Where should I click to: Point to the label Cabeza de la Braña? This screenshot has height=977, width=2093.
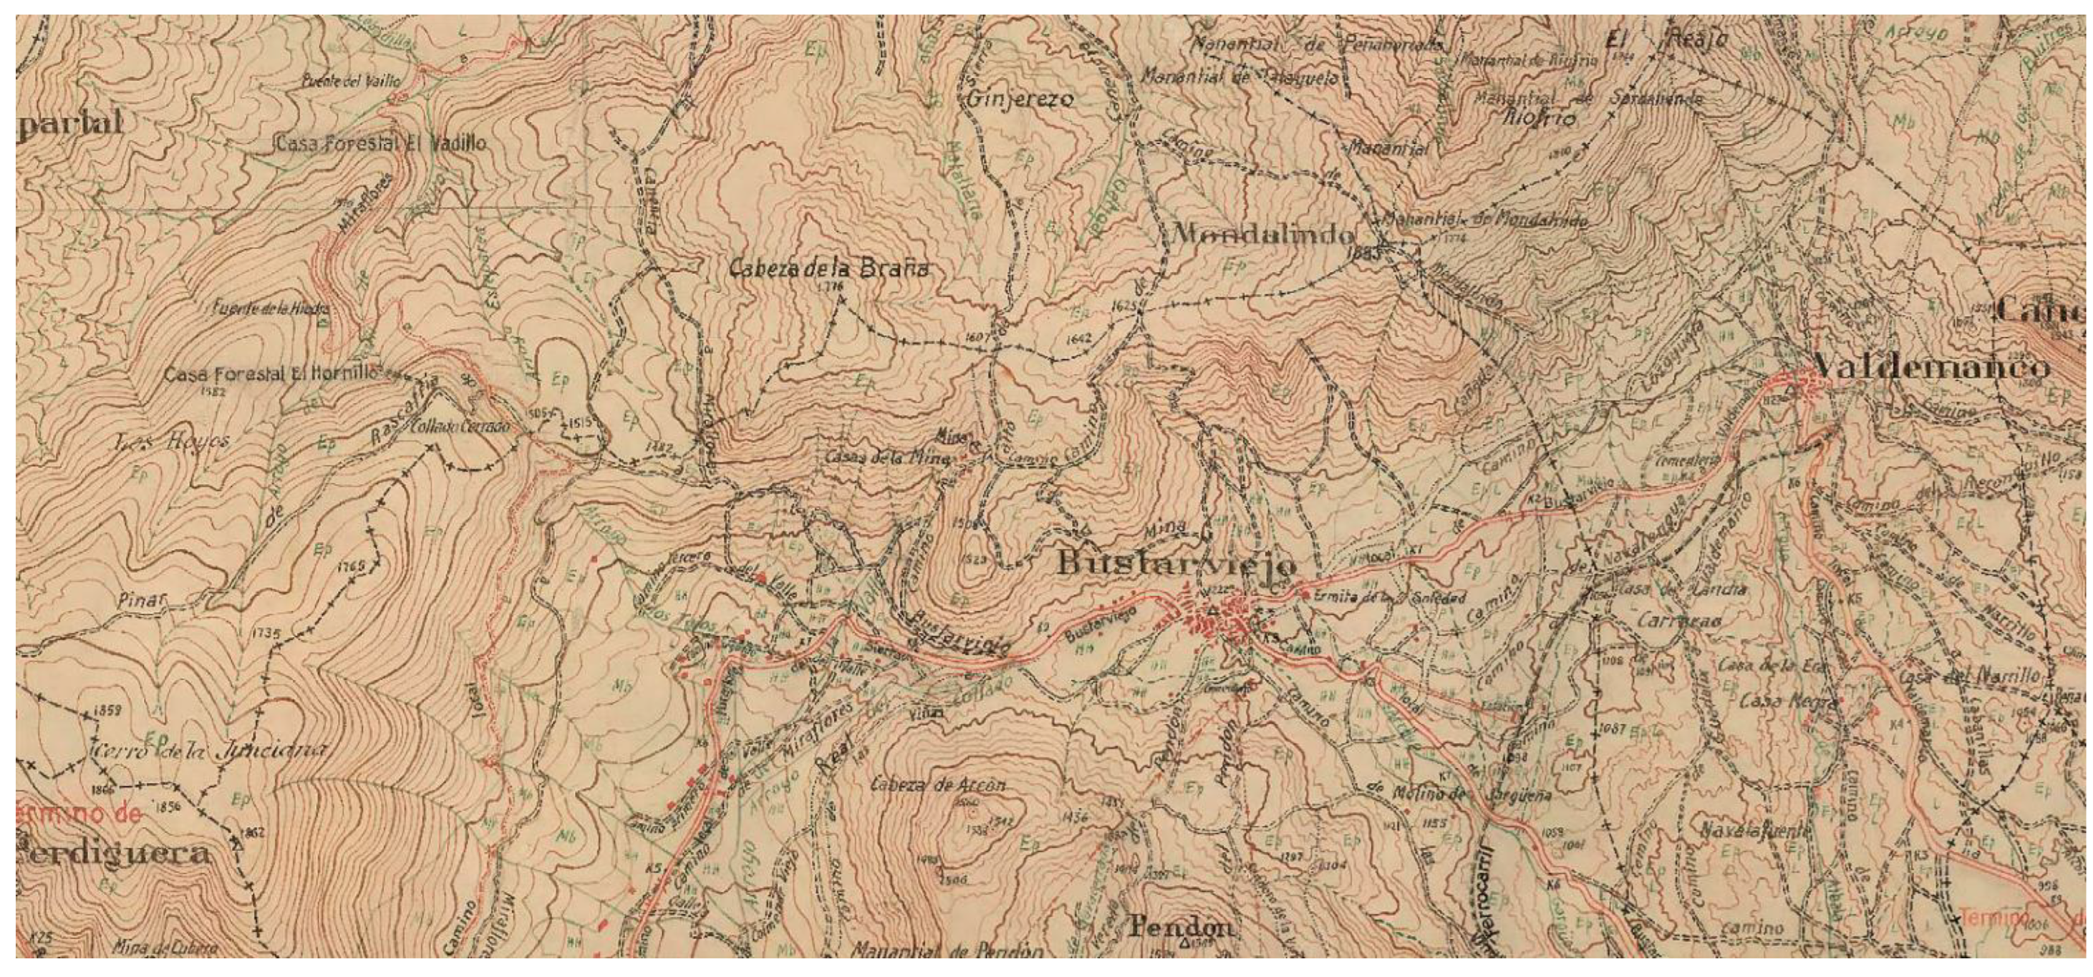pyautogui.click(x=828, y=269)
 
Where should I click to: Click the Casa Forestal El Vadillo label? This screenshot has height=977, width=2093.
pyautogui.click(x=382, y=144)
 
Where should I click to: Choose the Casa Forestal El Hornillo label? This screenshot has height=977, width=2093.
pyautogui.click(x=272, y=374)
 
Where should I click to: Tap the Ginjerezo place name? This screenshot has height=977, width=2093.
pyautogui.click(x=1020, y=99)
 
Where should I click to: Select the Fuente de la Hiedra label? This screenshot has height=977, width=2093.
pyautogui.click(x=270, y=309)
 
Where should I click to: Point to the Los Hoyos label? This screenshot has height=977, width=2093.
pyautogui.click(x=171, y=441)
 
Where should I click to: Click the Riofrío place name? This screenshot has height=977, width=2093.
pyautogui.click(x=1540, y=118)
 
